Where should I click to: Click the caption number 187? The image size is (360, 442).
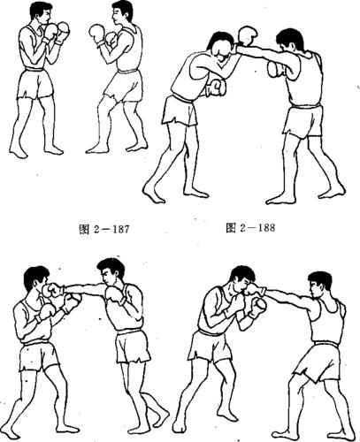click(x=112, y=229)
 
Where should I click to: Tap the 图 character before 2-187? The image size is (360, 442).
click(x=73, y=229)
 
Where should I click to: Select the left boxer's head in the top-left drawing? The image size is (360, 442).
click(x=38, y=15)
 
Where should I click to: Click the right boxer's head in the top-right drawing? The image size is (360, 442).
click(x=289, y=42)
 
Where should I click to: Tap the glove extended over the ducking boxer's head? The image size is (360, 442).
click(x=246, y=36)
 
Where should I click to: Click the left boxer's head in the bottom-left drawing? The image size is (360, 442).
click(x=35, y=278)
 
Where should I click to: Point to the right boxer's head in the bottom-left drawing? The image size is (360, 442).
click(x=111, y=272)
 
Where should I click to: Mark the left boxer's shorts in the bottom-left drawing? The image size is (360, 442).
click(x=36, y=357)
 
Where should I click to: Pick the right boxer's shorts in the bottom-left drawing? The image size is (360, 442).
click(x=133, y=347)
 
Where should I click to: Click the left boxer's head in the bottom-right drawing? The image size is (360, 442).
click(x=240, y=280)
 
